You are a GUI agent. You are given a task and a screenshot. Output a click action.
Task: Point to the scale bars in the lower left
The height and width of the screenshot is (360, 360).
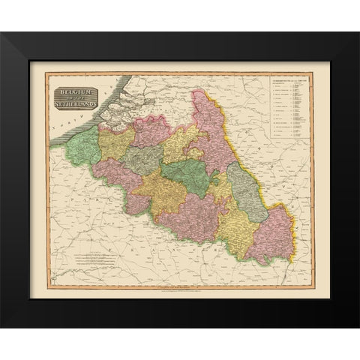97,259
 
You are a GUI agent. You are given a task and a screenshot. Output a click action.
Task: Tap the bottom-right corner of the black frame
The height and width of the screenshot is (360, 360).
356,325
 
